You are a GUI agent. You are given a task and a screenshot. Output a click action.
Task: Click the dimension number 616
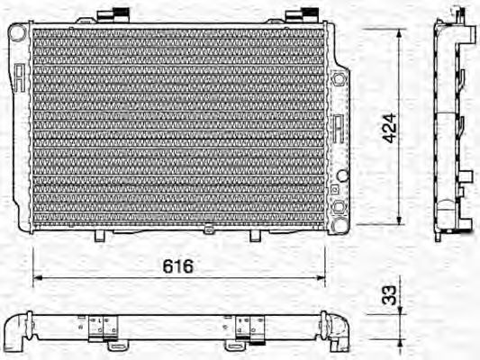click(179, 267)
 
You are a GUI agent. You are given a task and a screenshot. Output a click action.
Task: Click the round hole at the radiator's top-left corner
click(15, 31)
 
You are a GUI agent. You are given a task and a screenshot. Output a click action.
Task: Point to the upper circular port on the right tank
click(339, 79)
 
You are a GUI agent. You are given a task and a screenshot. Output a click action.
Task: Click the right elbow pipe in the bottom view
click(340, 336)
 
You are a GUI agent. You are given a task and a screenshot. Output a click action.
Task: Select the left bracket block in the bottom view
click(104, 329)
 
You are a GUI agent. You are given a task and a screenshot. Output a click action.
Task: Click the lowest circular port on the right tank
click(339, 207)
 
